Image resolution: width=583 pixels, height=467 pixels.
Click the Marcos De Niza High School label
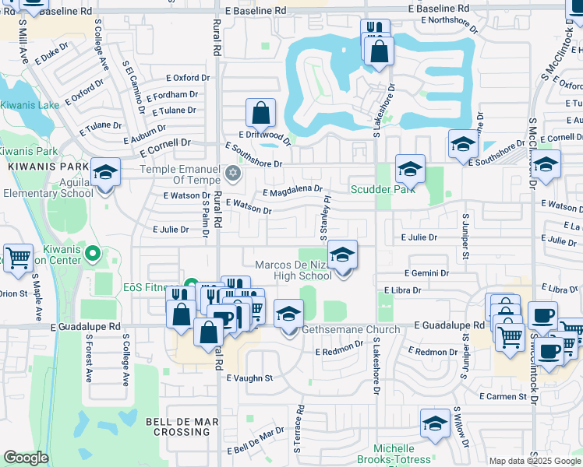coord(293,270)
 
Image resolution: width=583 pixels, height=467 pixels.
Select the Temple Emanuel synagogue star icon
coord(231,172)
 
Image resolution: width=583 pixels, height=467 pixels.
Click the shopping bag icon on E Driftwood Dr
coord(260,114)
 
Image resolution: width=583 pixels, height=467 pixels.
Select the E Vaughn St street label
coord(249,378)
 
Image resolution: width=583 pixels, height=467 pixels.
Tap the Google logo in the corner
coord(26,458)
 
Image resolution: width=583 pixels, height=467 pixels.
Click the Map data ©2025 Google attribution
coord(535,461)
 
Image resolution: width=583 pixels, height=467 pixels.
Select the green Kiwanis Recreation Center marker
coord(93,252)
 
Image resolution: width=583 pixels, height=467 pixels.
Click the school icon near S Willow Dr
coord(435,423)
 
